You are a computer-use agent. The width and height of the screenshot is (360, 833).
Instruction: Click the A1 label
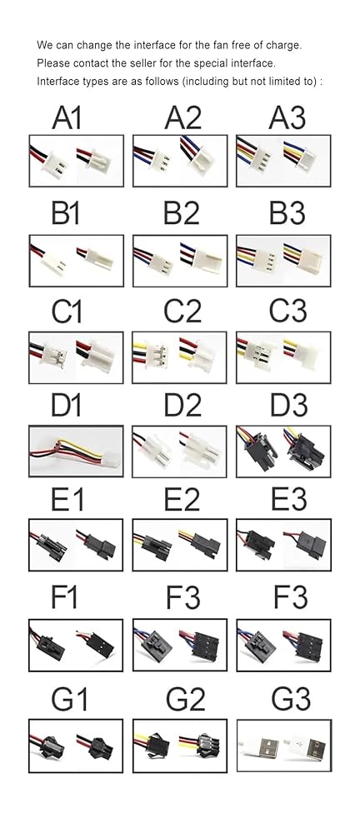click(67, 117)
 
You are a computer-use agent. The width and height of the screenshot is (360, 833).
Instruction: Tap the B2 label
click(182, 213)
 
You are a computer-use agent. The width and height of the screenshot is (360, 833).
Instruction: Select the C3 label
click(287, 310)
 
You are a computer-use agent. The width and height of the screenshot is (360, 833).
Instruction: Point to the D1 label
click(67, 406)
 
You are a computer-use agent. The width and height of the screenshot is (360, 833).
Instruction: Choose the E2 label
click(182, 500)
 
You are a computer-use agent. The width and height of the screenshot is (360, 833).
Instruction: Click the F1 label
click(64, 597)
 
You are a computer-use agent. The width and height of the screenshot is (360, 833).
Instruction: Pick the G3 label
click(290, 700)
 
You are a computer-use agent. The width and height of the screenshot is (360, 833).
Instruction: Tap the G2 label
click(185, 700)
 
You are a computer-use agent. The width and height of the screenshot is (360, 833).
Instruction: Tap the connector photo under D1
click(76, 451)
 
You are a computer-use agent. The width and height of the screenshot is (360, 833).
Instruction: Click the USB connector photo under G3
click(283, 746)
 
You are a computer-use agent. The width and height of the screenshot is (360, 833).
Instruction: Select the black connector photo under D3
click(283, 451)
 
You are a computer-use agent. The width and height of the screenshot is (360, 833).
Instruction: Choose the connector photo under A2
click(180, 161)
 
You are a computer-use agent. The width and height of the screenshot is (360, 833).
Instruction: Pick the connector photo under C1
click(76, 357)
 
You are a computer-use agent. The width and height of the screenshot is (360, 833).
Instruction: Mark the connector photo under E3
click(283, 545)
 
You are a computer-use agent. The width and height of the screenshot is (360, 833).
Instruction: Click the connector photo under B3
click(283, 260)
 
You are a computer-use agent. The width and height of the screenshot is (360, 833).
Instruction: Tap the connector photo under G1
click(76, 746)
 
